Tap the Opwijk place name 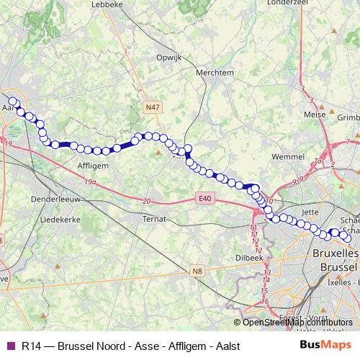(171, 57)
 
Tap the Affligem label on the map (92, 165)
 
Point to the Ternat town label (154, 218)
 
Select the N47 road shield (151, 107)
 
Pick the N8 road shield (197, 271)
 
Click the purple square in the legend (10, 346)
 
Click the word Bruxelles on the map (336, 254)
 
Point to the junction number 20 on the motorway (146, 201)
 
